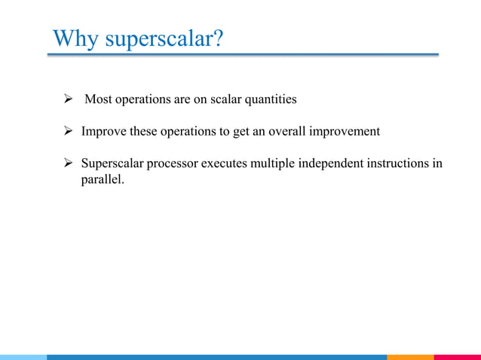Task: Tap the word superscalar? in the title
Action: pyautogui.click(x=164, y=38)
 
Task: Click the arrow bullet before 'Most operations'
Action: pyautogui.click(x=67, y=99)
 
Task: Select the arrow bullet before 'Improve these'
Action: pyautogui.click(x=67, y=132)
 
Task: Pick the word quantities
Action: pyautogui.click(x=269, y=100)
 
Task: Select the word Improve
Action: pyautogui.click(x=104, y=132)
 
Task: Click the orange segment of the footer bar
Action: pyautogui.click(x=410, y=357)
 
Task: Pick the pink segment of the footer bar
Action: pyautogui.click(x=457, y=357)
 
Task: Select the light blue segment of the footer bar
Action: pyautogui.click(x=23, y=357)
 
